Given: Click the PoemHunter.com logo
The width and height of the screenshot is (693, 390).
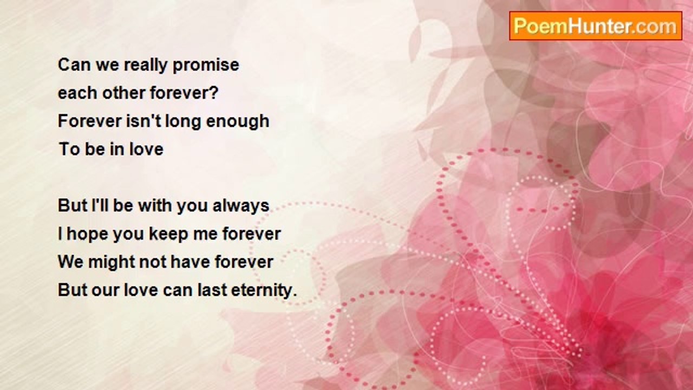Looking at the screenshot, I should pos(595,25).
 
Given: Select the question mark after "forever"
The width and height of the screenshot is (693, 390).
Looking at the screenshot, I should pos(213,93).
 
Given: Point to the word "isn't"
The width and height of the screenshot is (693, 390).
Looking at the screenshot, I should pos(143,121).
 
